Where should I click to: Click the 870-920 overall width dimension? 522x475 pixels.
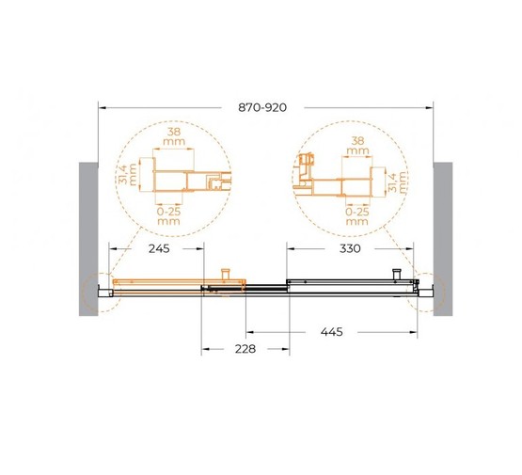pos(262,107)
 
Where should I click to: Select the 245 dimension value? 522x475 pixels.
pos(159,248)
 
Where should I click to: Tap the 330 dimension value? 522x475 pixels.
pos(350,248)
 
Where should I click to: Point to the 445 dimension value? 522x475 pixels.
pos(332,332)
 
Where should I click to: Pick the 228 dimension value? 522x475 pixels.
pos(245,349)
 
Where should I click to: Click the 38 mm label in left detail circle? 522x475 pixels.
pos(174,136)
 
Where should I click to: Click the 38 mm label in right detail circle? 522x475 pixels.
pos(358,146)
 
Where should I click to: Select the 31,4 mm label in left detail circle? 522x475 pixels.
pos(128,174)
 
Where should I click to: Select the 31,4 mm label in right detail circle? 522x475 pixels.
pos(398,182)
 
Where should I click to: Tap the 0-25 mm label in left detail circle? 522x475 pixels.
pos(168,216)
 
